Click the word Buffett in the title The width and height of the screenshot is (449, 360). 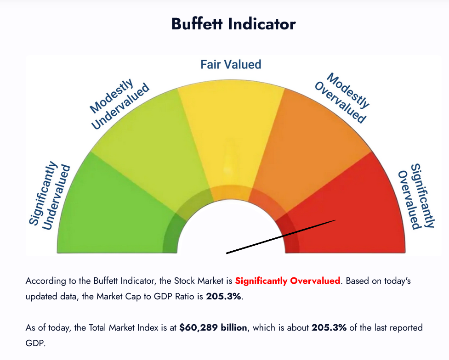click(197, 24)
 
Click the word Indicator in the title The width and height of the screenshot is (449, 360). click(262, 24)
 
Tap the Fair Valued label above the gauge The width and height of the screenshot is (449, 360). click(231, 64)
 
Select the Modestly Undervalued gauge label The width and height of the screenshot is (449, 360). click(119, 104)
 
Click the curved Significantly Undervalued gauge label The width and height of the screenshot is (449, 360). click(49, 195)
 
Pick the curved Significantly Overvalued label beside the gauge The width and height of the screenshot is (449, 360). click(416, 196)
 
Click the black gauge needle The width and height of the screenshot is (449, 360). click(281, 236)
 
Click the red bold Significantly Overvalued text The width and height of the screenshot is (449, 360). click(288, 281)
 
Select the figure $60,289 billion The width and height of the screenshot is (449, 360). click(213, 327)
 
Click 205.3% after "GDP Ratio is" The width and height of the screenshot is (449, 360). click(223, 296)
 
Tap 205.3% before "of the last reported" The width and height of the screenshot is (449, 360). click(329, 327)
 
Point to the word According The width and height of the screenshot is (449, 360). click(46, 281)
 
